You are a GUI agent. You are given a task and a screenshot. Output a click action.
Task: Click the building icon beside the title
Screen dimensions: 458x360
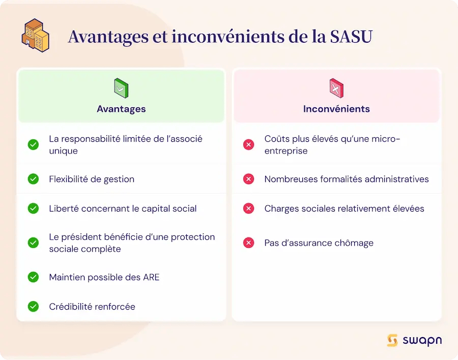pos(35,35)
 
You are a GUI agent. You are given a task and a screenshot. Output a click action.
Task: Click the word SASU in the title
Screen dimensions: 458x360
pos(351,37)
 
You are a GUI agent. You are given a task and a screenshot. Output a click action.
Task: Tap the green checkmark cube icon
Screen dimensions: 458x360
pos(121,88)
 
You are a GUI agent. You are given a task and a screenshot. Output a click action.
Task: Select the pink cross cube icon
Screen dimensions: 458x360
pos(336,88)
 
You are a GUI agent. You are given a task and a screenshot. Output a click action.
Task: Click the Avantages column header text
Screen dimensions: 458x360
pos(121,109)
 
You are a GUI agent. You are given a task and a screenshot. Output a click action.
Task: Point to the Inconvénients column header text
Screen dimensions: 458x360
pos(336,109)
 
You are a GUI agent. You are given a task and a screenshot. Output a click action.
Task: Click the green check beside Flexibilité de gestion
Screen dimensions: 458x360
pos(33,179)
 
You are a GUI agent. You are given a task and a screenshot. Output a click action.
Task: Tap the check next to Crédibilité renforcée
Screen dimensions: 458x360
pos(33,307)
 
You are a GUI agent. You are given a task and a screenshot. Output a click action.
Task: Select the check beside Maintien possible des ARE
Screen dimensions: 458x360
pos(33,277)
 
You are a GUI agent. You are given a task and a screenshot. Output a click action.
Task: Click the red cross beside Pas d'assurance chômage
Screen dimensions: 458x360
pos(248,243)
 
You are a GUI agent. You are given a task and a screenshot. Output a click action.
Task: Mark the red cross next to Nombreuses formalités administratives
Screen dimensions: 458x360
pos(248,179)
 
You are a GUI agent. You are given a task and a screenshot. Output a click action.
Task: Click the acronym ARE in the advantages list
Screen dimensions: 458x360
pos(151,277)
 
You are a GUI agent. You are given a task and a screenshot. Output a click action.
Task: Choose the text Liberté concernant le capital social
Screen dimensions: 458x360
pos(123,208)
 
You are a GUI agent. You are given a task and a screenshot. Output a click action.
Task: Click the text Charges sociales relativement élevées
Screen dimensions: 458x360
pos(345,208)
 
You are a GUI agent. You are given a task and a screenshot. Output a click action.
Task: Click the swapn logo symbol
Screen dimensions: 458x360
pos(392,341)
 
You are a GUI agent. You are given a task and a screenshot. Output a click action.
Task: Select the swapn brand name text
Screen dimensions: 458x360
pos(422,341)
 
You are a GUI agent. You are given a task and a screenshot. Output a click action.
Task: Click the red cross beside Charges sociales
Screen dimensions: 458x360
pos(248,208)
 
